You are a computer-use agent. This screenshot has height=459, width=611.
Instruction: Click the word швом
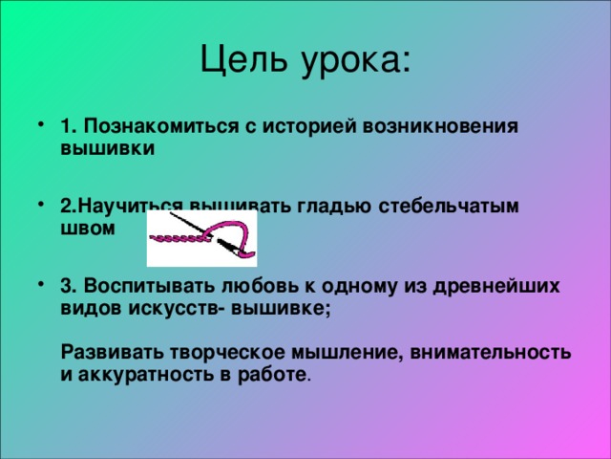[x=87, y=229]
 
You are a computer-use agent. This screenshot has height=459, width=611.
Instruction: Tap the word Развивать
[x=106, y=352]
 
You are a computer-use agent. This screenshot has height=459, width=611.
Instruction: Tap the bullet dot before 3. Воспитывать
[x=40, y=285]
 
